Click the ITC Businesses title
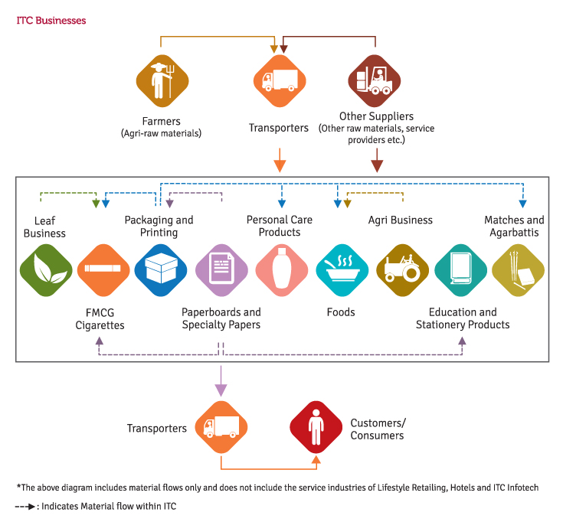pos(51,21)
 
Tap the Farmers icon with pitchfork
pos(162,81)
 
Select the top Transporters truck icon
pos(280,81)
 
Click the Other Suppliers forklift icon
pos(375,81)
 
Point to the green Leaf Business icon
pos(46,270)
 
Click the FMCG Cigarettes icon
pos(103,270)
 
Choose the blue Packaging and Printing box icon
pos(161,270)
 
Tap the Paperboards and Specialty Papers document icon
pos(221,270)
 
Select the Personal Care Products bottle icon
pos(282,270)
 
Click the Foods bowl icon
pos(342,270)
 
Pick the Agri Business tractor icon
pos(402,270)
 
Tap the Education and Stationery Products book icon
pos(460,270)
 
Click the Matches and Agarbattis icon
pos(518,270)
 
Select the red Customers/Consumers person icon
pos(316,427)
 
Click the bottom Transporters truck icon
pos(221,427)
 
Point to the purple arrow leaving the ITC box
pos(221,381)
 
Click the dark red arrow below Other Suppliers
pos(377,161)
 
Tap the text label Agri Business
pos(401,220)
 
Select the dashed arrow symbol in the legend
pos(25,507)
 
